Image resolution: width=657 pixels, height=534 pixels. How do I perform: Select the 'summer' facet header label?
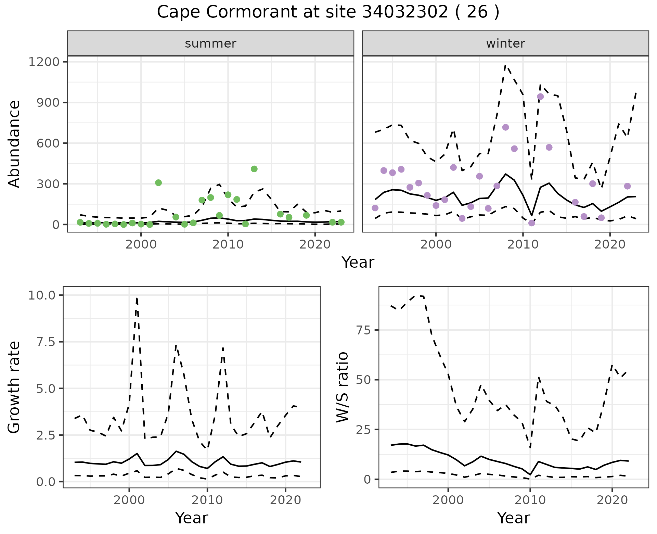tap(210, 43)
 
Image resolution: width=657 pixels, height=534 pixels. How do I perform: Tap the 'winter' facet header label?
tap(505, 43)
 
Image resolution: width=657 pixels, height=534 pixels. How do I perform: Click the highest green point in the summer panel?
tap(254, 169)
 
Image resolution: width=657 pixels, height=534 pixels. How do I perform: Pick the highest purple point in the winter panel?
tap(540, 97)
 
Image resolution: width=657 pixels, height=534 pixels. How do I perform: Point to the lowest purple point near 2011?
tap(531, 223)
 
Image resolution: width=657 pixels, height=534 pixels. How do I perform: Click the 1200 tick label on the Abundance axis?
tap(44, 62)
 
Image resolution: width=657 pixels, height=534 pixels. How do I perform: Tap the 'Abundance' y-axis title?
tap(14, 144)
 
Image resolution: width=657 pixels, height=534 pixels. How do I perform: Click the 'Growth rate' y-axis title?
tap(14, 387)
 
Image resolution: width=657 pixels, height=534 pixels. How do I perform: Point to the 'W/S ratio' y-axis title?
tap(342, 387)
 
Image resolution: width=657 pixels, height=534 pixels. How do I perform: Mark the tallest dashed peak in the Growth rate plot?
tap(137, 298)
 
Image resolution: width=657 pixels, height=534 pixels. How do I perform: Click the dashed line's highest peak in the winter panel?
tap(505, 65)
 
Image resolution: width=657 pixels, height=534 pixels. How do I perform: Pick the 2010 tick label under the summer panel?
tap(228, 244)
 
